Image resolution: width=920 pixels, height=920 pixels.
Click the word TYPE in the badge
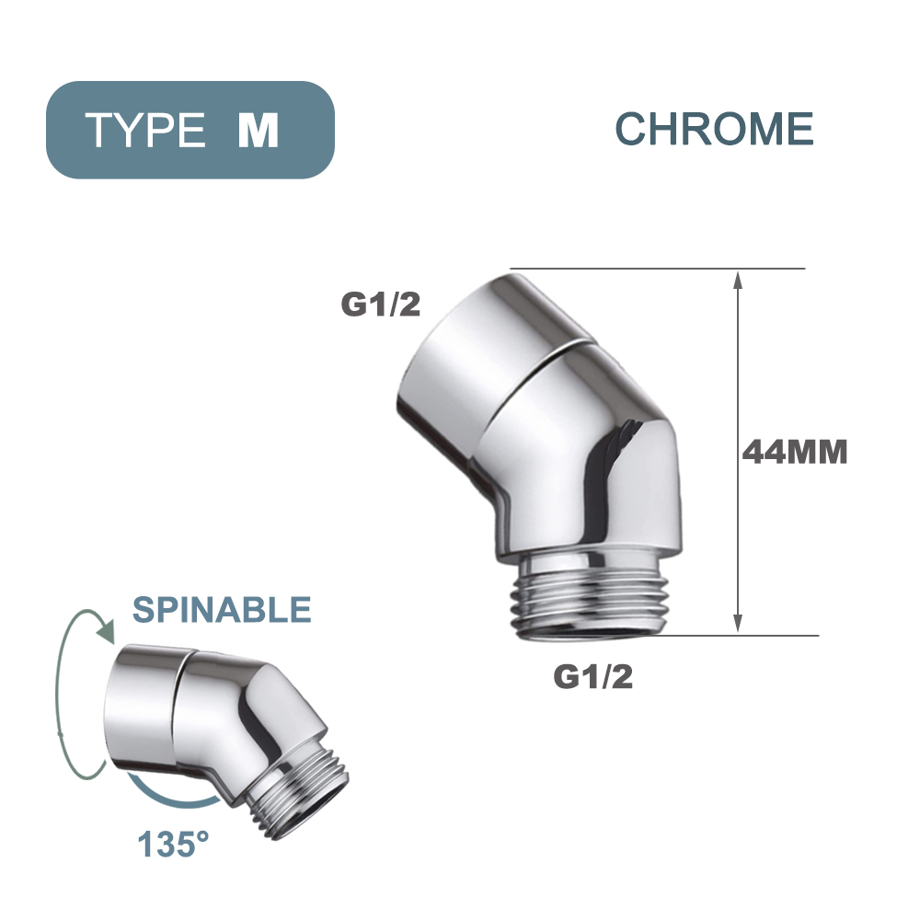coord(146,130)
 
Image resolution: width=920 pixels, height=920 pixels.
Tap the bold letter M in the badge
coord(258,130)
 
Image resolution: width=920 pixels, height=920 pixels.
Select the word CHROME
coord(714,129)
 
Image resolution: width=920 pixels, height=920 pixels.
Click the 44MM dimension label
coord(795,454)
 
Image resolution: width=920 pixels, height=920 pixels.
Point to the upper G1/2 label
coord(381,305)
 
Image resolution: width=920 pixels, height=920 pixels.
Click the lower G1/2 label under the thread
coord(593,677)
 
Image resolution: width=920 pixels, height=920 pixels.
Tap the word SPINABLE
coord(222,609)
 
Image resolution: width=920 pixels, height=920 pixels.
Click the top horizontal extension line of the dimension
coord(658,269)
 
